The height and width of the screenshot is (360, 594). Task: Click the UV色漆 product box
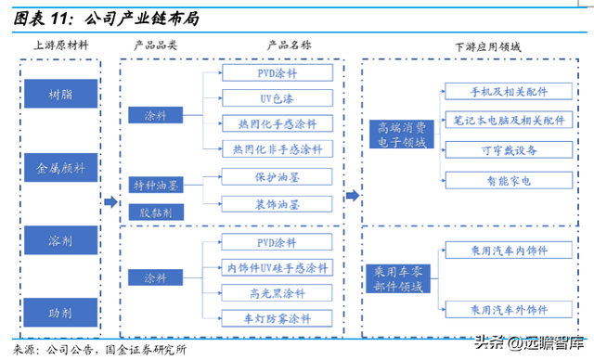click(x=276, y=98)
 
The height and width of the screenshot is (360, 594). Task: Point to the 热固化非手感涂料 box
click(x=276, y=148)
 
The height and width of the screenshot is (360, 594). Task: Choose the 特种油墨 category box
click(x=155, y=186)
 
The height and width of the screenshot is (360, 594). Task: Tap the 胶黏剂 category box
click(x=155, y=212)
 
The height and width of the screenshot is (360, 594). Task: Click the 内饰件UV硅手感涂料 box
click(x=276, y=267)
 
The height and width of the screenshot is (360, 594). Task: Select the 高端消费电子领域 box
click(x=397, y=135)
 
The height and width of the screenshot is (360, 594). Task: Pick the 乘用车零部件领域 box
click(x=397, y=278)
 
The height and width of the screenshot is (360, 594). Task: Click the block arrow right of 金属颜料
click(x=110, y=201)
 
